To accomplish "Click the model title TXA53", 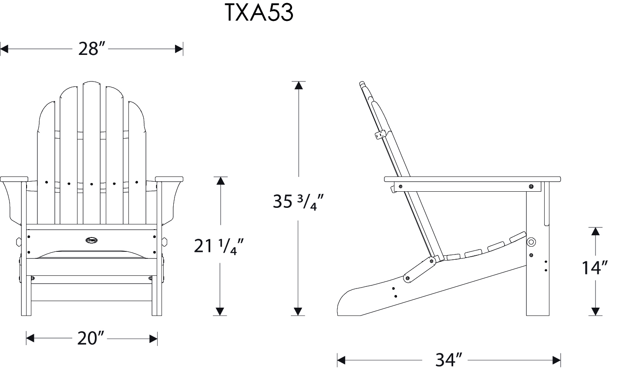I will [259, 13].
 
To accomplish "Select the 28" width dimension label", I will [92, 49].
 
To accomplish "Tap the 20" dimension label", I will [91, 338].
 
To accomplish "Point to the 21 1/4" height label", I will [218, 246].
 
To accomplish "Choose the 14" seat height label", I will [595, 268].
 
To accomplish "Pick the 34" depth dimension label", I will [448, 360].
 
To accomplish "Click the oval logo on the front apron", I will [92, 239].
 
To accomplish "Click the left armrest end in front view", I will [14, 179].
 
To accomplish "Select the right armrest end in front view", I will [169, 179].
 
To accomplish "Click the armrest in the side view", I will [472, 179].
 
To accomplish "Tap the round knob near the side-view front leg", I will [531, 242].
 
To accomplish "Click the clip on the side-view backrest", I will [380, 134].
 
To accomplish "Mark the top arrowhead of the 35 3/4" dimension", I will [298, 85].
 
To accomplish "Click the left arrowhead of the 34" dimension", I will [341, 360].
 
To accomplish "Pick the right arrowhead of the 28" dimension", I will [178, 49].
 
